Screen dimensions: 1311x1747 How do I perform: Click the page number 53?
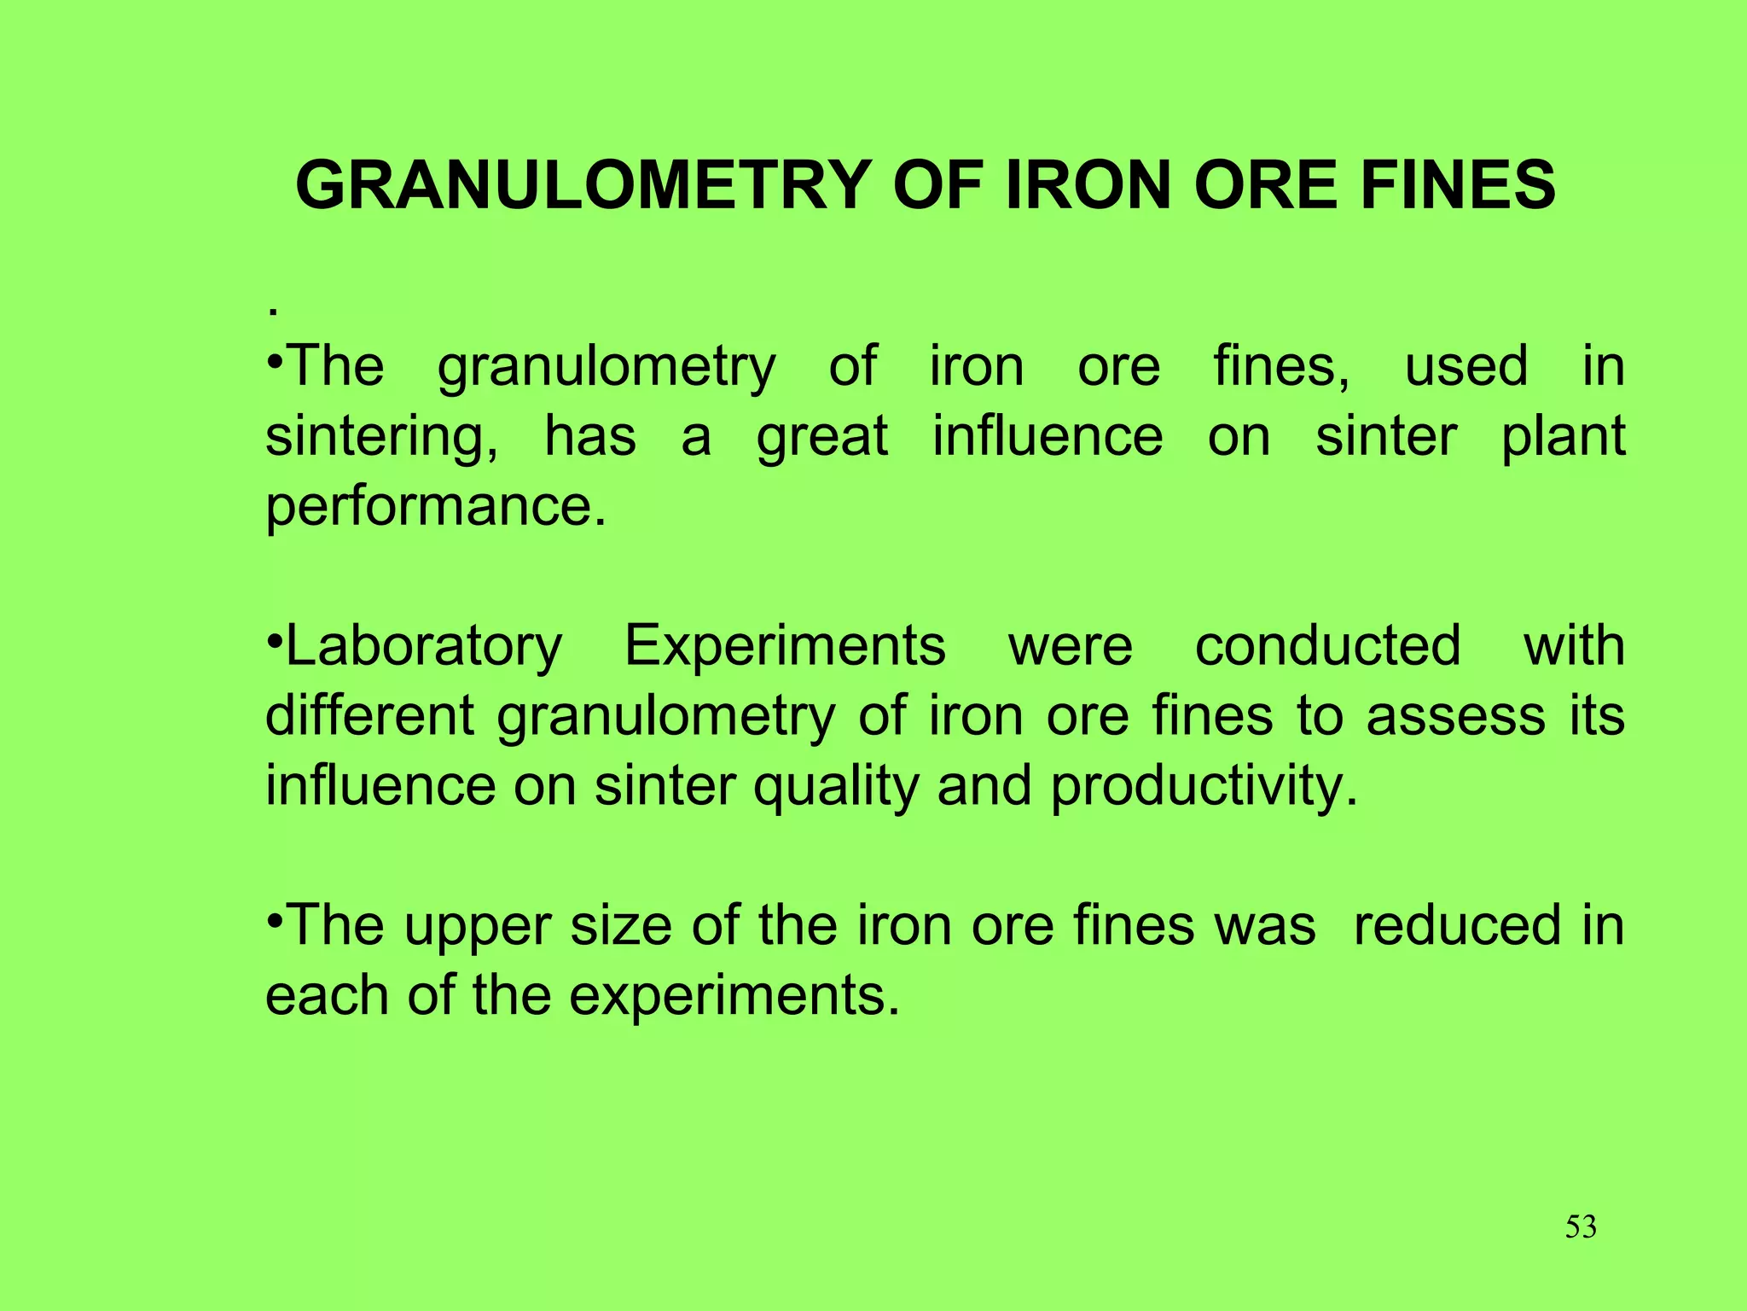1581,1227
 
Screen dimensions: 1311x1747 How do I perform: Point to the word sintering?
381,438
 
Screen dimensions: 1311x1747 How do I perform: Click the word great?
822,438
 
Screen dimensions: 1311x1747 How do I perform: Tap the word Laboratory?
423,646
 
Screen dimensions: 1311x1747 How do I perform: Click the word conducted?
1327,646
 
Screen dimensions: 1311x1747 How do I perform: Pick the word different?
369,715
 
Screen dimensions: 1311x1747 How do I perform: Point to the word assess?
1455,715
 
